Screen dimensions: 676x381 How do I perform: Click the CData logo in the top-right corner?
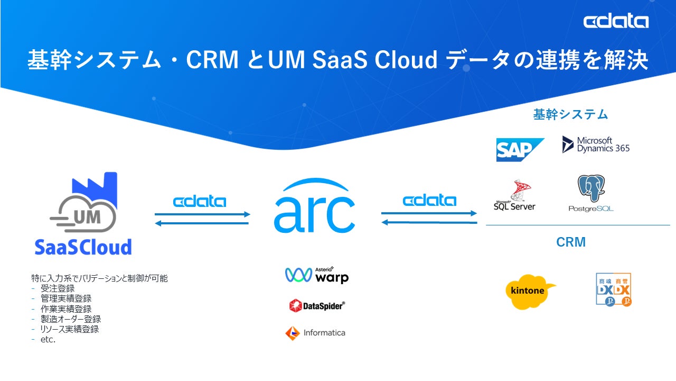pos(616,22)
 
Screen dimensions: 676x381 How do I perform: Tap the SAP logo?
pos(520,150)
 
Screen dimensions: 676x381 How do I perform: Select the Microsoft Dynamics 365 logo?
pos(596,144)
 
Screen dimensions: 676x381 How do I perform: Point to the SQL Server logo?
pos(514,196)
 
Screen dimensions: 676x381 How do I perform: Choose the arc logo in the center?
pos(315,207)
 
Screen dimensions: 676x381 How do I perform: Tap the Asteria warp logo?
pos(317,275)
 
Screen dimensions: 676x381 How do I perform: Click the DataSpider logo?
pos(317,305)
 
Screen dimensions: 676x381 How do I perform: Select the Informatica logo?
pos(315,333)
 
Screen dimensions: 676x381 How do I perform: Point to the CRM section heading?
pos(571,242)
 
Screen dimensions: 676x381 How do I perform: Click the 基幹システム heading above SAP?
pos(570,114)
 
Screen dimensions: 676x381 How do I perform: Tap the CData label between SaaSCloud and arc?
pos(200,202)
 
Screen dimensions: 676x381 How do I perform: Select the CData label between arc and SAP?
pos(429,201)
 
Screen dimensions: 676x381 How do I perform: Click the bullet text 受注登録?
pos(58,288)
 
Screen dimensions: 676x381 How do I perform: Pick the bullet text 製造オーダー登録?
pos(71,319)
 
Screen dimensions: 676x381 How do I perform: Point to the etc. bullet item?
pos(48,339)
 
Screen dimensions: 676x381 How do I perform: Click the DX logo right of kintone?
pos(613,289)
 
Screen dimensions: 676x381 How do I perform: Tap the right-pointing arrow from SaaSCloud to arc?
pos(202,214)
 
